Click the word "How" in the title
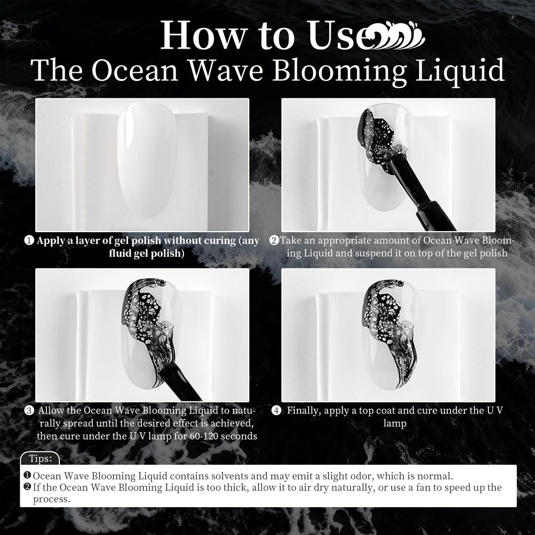(204, 35)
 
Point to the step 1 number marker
(29, 241)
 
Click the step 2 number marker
(274, 241)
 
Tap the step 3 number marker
(29, 410)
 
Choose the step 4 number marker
(276, 410)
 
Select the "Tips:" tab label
(41, 458)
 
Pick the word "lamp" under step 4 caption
(395, 423)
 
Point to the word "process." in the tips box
(51, 499)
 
